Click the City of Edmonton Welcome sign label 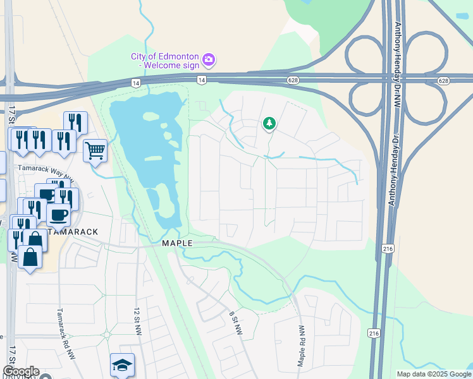pyautogui.click(x=165, y=61)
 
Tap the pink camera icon pyautogui.click(x=209, y=61)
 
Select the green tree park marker pyautogui.click(x=269, y=123)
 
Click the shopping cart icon pyautogui.click(x=95, y=151)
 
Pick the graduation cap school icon pyautogui.click(x=122, y=364)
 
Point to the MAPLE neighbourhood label pyautogui.click(x=176, y=243)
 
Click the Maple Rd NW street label pyautogui.click(x=302, y=347)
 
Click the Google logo pyautogui.click(x=21, y=371)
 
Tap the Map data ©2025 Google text pyautogui.click(x=433, y=374)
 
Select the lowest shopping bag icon pyautogui.click(x=30, y=257)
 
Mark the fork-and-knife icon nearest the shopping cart pyautogui.click(x=75, y=123)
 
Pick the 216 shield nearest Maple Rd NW pyautogui.click(x=374, y=333)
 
